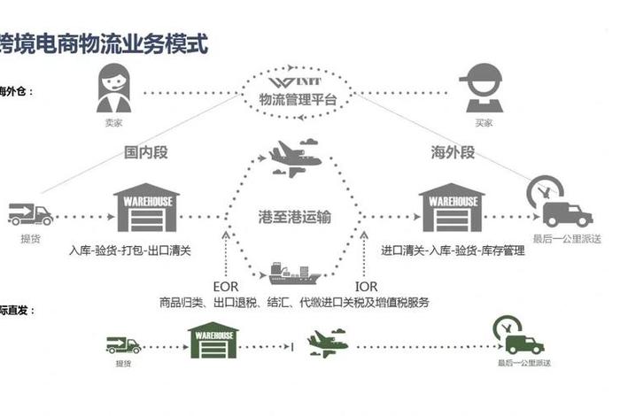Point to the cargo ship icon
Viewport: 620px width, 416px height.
tap(292, 272)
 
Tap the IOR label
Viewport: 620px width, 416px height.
tap(365, 287)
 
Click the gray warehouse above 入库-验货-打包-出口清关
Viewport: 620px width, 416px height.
tap(146, 208)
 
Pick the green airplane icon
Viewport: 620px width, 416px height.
tap(322, 343)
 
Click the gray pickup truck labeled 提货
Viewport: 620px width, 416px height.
tap(30, 214)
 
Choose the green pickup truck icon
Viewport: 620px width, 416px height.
tap(123, 344)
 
